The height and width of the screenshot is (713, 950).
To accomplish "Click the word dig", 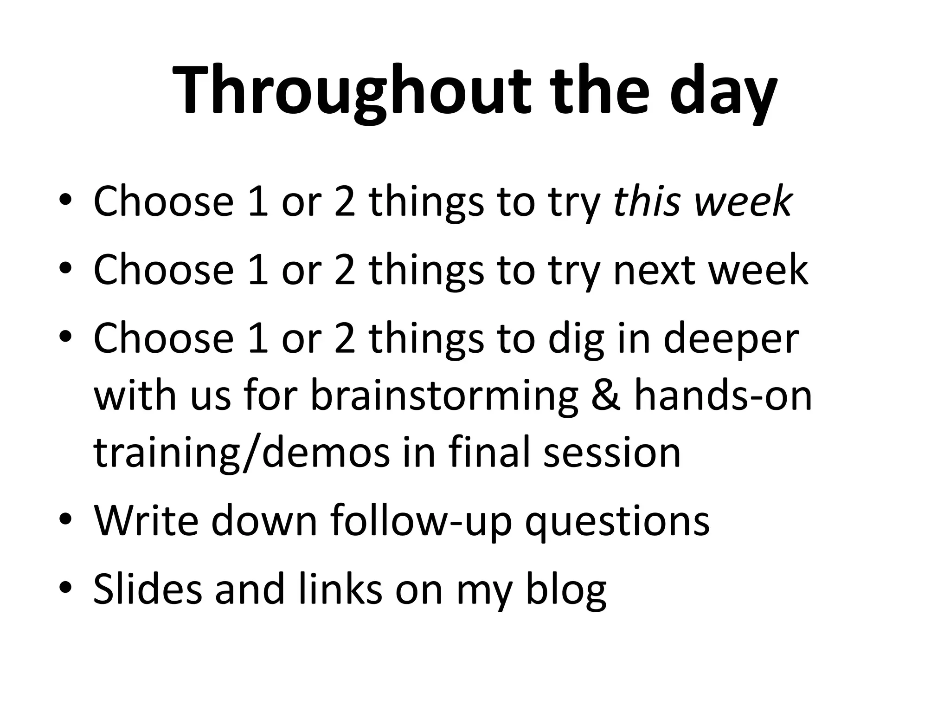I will click(x=575, y=338).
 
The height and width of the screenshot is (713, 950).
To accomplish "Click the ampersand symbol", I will click(x=606, y=395).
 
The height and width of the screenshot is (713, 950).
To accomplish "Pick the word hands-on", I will click(x=723, y=395).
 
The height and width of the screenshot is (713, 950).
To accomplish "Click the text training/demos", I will click(x=242, y=453).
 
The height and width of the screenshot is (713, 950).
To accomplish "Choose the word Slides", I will click(x=148, y=589).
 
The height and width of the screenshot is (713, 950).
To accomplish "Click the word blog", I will click(x=565, y=589).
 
